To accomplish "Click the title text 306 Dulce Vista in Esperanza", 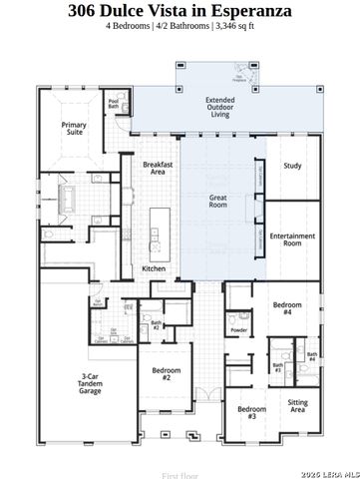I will [180, 11].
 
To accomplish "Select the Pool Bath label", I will [113, 102].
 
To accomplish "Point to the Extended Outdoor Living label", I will [219, 107].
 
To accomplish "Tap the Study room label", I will [291, 166].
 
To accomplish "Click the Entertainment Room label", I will [292, 239].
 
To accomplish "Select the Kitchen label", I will [153, 268].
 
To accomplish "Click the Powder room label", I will [238, 329].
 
